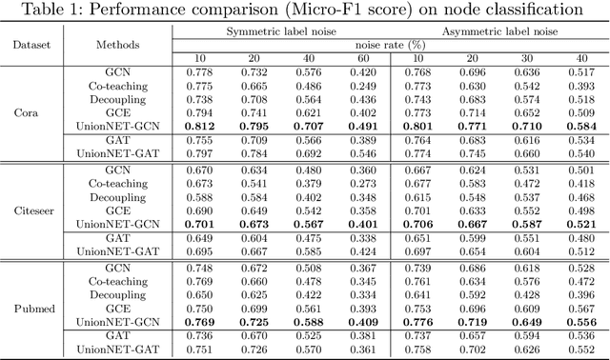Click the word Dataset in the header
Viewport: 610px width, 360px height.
point(31,44)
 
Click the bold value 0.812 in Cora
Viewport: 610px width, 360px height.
point(198,125)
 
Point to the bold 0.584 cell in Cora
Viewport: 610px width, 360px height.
point(582,125)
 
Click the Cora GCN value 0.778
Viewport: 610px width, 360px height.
point(198,72)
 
